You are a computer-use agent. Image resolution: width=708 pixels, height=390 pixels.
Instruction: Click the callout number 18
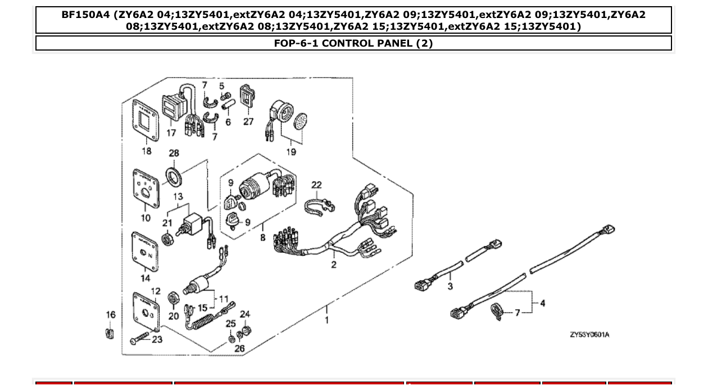click(146, 151)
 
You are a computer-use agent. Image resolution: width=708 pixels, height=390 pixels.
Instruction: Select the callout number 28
click(174, 153)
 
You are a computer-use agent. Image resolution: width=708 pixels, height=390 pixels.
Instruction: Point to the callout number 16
click(111, 315)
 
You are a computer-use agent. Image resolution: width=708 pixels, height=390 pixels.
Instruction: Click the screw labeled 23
click(139, 340)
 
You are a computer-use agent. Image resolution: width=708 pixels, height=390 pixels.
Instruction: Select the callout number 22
click(317, 185)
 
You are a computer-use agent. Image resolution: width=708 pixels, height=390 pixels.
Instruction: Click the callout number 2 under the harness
click(334, 264)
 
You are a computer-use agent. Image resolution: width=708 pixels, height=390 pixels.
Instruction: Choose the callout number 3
click(450, 287)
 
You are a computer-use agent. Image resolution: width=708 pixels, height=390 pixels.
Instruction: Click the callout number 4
click(542, 303)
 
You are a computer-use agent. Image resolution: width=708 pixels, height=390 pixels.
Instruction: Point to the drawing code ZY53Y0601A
click(589, 335)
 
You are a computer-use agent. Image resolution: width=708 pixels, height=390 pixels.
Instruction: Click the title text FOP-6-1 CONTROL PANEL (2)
click(353, 43)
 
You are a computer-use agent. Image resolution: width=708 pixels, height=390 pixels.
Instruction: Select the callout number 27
click(248, 121)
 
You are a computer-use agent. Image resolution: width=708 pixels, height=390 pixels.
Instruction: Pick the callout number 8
click(262, 238)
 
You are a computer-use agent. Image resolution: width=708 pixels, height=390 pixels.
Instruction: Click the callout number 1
click(326, 320)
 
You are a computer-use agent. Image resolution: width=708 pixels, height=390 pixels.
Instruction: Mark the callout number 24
click(245, 314)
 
